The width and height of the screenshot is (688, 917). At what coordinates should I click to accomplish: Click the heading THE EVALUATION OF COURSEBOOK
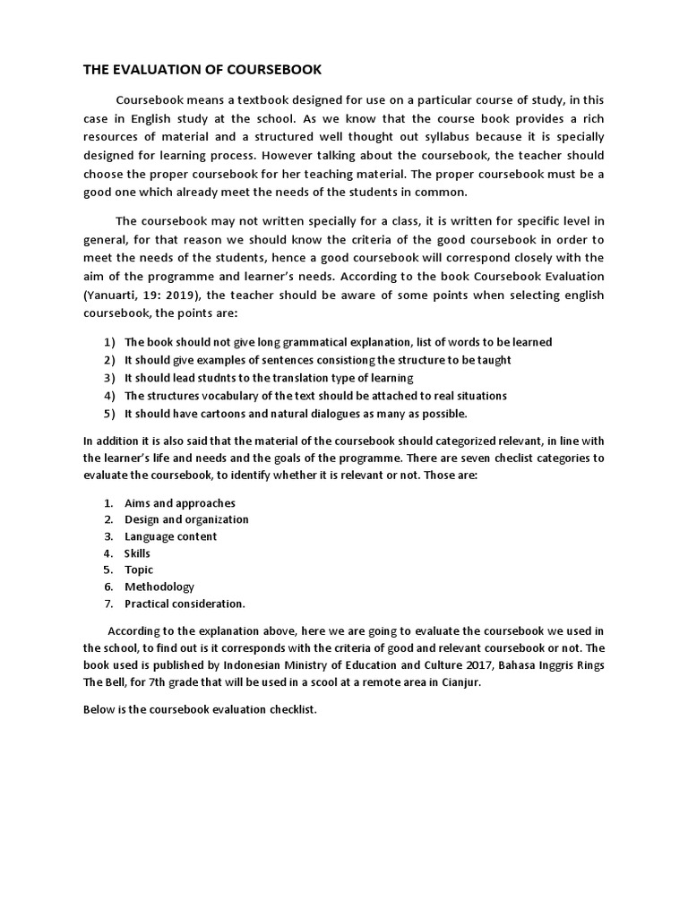pos(202,69)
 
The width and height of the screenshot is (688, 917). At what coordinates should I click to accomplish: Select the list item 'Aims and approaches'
pos(180,503)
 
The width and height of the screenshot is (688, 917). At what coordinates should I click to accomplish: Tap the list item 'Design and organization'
pos(186,519)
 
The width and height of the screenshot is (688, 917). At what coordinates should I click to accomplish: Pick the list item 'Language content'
pos(170,536)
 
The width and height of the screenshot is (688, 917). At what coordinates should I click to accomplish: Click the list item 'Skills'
pos(137,553)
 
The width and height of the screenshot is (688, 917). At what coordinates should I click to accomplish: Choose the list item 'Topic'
pos(139,570)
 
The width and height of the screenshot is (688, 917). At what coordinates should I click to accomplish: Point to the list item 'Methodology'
pos(159,587)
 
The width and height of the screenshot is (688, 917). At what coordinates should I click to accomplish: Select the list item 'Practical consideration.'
pos(185,604)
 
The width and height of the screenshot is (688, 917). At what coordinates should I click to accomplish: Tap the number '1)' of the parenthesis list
pos(109,342)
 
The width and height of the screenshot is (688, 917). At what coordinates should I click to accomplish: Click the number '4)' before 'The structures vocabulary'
pos(109,396)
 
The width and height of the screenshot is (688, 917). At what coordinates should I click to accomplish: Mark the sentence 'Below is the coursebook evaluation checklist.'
pos(200,710)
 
